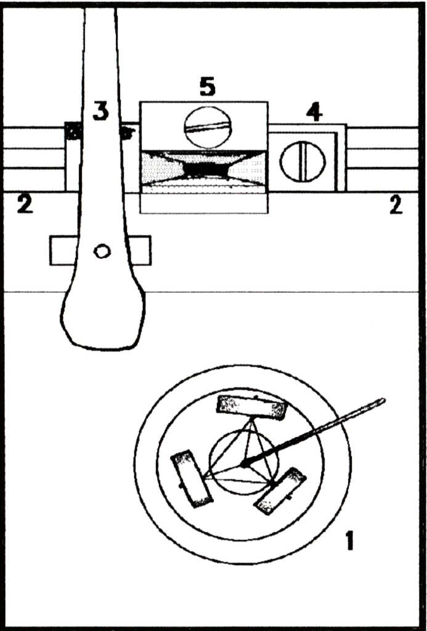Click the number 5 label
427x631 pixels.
point(207,88)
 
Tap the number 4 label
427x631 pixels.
point(314,113)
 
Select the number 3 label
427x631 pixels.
point(100,111)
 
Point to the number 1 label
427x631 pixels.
point(350,540)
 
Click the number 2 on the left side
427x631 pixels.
point(25,206)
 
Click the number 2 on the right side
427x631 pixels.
point(396,206)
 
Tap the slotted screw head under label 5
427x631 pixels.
point(208,127)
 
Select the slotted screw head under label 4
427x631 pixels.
point(303,161)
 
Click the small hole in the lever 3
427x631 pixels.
point(102,251)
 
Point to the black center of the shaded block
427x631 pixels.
point(205,170)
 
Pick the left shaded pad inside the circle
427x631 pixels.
point(192,478)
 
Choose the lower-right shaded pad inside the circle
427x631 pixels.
point(280,491)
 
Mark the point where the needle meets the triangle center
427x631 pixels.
point(243,465)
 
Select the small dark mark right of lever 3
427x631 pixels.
point(127,133)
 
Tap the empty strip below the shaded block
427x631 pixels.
point(203,203)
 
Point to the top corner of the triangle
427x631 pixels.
point(252,419)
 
